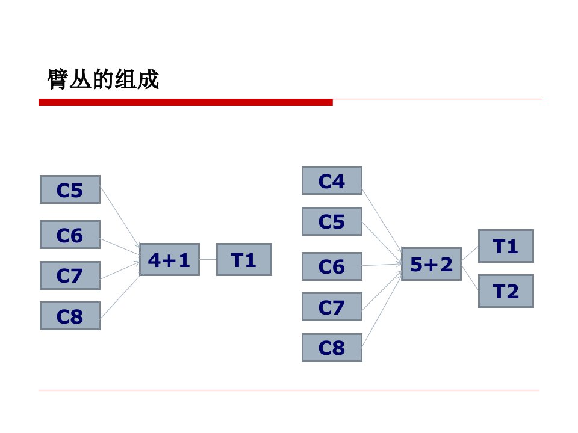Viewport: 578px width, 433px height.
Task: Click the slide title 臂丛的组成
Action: pyautogui.click(x=103, y=79)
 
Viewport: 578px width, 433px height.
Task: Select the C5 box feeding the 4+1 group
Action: pyautogui.click(x=70, y=189)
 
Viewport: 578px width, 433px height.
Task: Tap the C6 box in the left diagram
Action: pyautogui.click(x=70, y=235)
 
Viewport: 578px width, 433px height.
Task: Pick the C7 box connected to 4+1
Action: pyautogui.click(x=70, y=275)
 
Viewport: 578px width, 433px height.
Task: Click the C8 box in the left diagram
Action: pyautogui.click(x=70, y=316)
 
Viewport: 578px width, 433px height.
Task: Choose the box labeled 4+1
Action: pyautogui.click(x=170, y=260)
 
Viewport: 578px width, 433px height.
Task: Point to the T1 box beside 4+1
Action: pyautogui.click(x=244, y=260)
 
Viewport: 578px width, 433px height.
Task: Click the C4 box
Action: pyautogui.click(x=332, y=180)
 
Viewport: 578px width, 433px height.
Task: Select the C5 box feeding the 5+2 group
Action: pyautogui.click(x=332, y=221)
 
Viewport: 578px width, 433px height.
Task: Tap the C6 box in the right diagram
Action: pyautogui.click(x=332, y=266)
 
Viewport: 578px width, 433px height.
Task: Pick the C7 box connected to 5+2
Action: pyautogui.click(x=332, y=307)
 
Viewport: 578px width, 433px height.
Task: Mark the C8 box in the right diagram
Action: pyautogui.click(x=332, y=348)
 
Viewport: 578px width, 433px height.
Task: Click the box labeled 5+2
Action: pyautogui.click(x=431, y=264)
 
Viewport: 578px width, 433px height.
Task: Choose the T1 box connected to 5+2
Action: pyautogui.click(x=506, y=246)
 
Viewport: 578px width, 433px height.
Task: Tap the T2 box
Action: pyautogui.click(x=506, y=291)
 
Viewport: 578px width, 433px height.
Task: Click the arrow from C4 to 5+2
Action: pyautogui.click(x=382, y=221)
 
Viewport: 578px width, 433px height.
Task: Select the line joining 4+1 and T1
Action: pyautogui.click(x=208, y=260)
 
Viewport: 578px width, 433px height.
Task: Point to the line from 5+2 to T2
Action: pyautogui.click(x=470, y=277)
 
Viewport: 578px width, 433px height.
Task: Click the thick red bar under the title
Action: pyautogui.click(x=185, y=102)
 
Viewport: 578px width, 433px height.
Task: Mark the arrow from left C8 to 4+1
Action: pyautogui.click(x=120, y=296)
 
